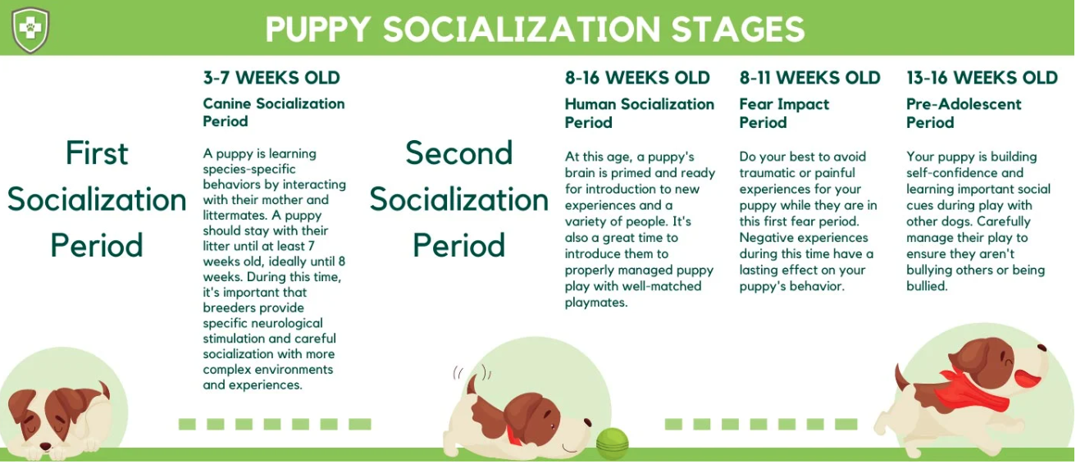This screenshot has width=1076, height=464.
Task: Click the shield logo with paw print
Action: point(30,29)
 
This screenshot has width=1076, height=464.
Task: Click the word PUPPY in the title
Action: point(318,30)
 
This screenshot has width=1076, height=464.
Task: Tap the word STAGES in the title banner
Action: point(737,30)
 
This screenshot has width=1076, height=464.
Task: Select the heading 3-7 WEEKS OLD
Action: point(271,78)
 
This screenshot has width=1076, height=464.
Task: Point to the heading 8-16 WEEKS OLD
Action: point(637,78)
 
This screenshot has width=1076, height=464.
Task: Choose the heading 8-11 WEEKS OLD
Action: point(809,78)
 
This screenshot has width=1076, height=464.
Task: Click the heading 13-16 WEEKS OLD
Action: point(982,78)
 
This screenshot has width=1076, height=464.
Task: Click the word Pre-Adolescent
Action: point(964,104)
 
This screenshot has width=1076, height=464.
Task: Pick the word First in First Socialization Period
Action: point(97,153)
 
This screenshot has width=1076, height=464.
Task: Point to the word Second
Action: point(458,153)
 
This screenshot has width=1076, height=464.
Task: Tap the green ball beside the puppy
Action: point(612,443)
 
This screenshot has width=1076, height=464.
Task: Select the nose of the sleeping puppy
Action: point(45,447)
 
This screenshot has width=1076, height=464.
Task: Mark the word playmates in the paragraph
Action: point(596,303)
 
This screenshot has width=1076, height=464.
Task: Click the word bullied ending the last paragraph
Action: point(927,286)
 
